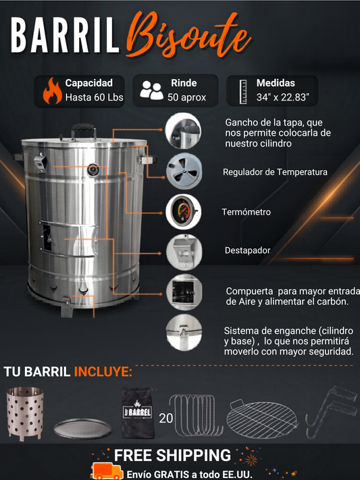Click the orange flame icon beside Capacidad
pos(53,91)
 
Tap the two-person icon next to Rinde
pos(151,90)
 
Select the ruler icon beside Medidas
pos(243,92)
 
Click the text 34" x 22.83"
pos(282,97)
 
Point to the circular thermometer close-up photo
pos(183,212)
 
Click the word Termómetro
pos(247,212)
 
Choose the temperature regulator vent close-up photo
pos(184,171)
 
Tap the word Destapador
pos(248,250)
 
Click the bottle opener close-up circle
pos(184,252)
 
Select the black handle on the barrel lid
pos(84,130)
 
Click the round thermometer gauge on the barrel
pos(93,170)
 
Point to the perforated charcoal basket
pos(24,412)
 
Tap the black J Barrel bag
pos(137,412)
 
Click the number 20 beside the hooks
pos(165,418)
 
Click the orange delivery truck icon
pos(107,471)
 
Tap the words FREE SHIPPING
pos(172,455)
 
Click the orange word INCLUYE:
pos(103,371)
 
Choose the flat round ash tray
pos(82,428)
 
